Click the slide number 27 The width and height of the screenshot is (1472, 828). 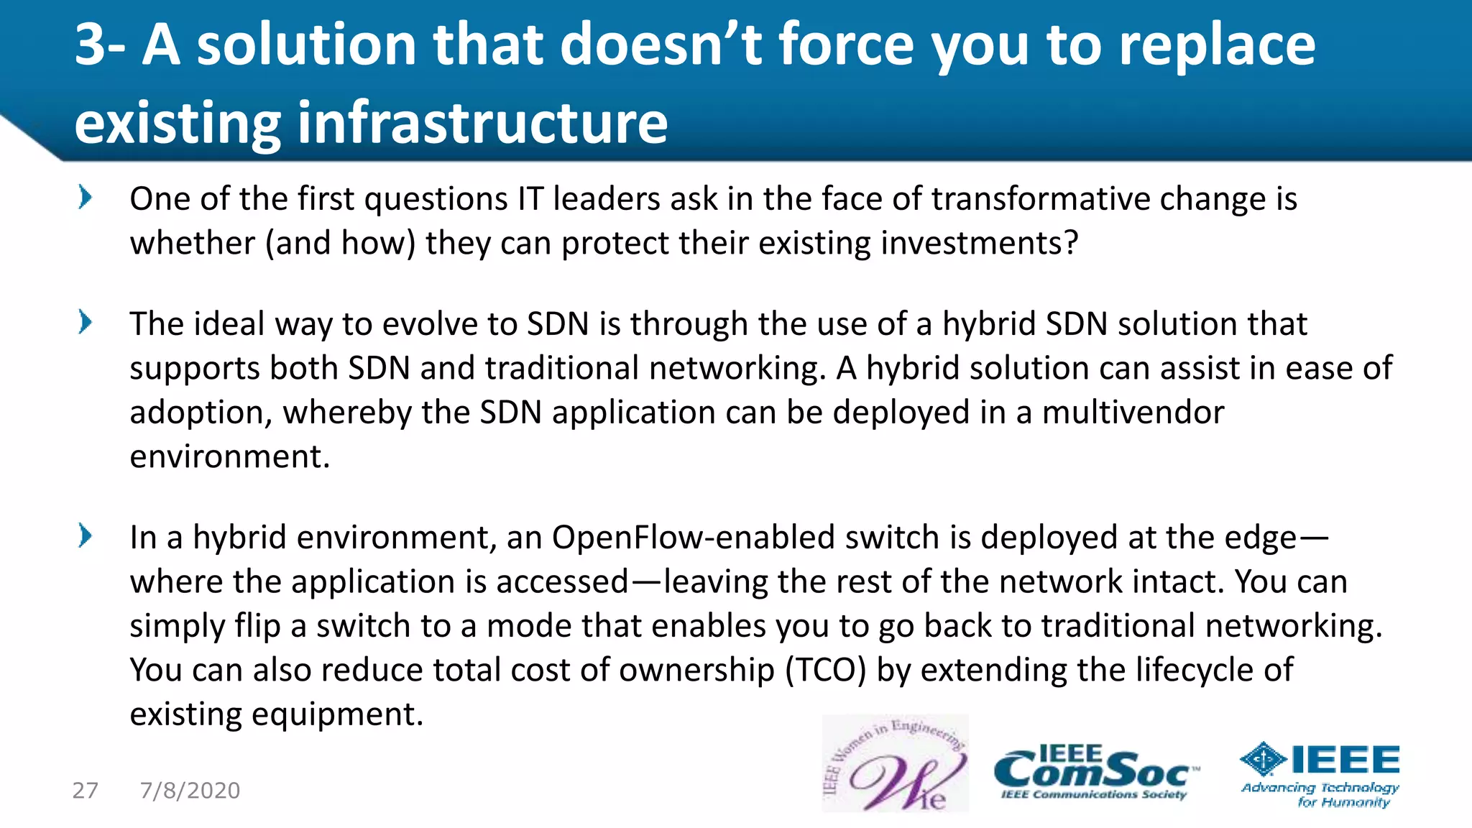pos(85,791)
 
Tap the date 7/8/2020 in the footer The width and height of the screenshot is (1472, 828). pos(190,791)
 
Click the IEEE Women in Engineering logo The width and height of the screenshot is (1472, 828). pos(895,763)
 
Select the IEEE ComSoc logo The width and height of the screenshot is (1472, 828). pos(1095,773)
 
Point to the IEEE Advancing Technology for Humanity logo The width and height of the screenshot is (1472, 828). pos(1320,775)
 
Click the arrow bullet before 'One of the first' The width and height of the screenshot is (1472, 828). pos(86,197)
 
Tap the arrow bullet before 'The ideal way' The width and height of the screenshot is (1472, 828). pos(86,322)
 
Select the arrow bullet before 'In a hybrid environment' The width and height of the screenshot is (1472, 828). pos(86,535)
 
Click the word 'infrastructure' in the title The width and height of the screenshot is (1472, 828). pos(482,122)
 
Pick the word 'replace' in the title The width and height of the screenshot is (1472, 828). pos(1218,45)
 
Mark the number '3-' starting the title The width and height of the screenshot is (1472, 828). pos(100,45)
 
